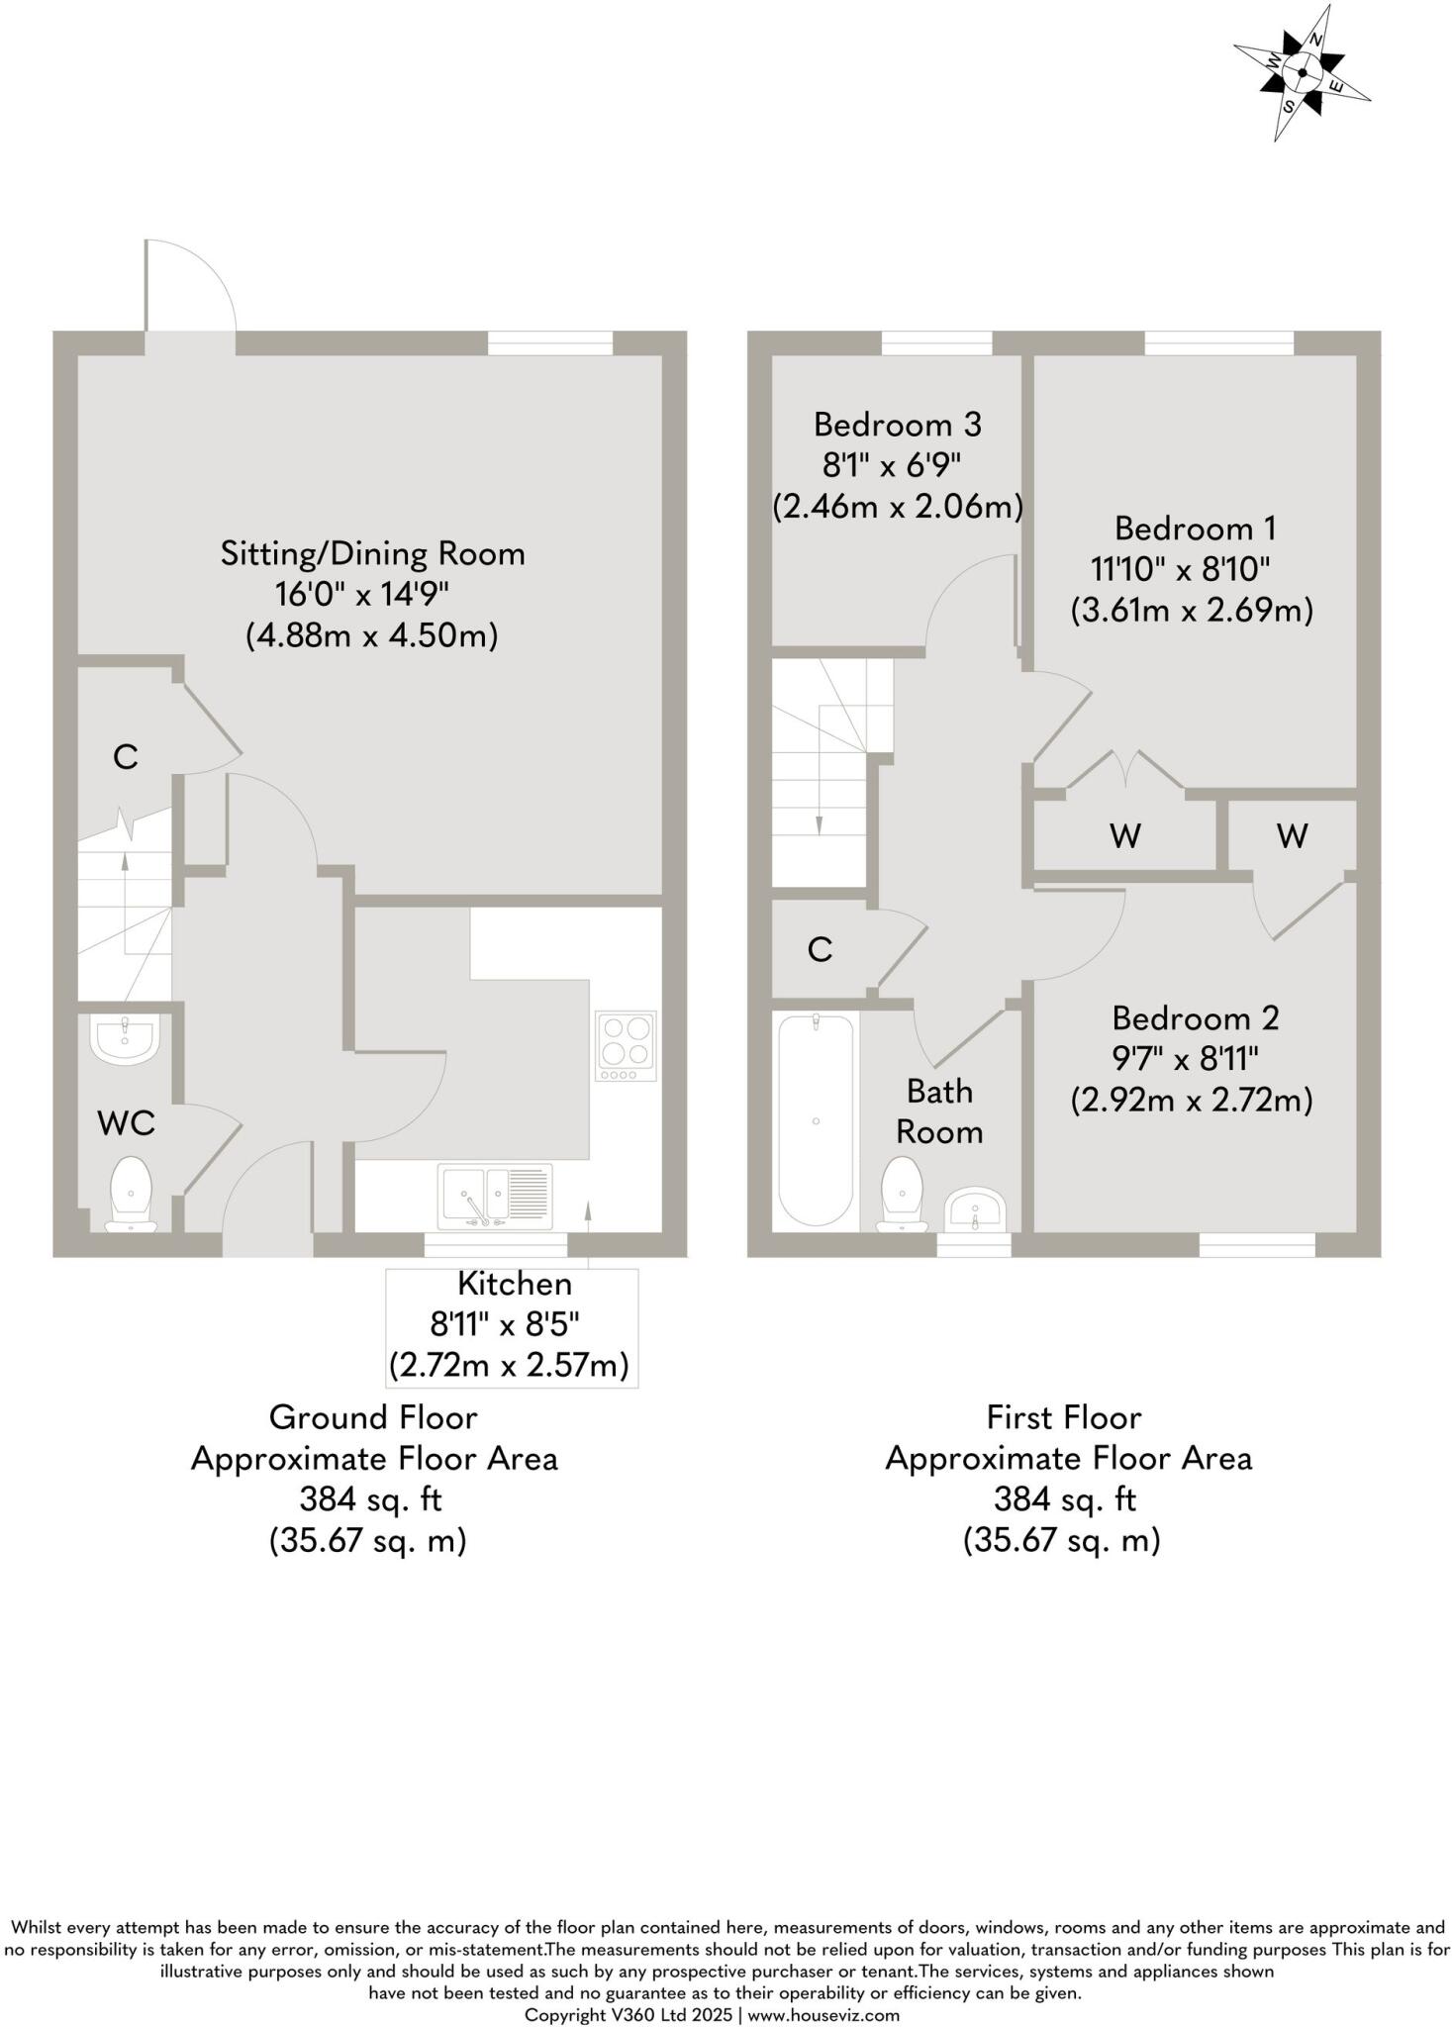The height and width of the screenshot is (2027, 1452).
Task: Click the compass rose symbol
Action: pyautogui.click(x=1302, y=72)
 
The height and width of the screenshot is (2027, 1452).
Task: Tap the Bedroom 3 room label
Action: pyautogui.click(x=897, y=425)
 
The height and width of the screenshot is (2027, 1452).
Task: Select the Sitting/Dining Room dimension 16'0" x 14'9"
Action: pyautogui.click(x=362, y=595)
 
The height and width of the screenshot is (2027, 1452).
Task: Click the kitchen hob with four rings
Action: pyautogui.click(x=626, y=1046)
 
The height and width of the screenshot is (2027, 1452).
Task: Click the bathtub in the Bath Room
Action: pyautogui.click(x=816, y=1120)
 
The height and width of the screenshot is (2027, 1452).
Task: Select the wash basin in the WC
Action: pyautogui.click(x=124, y=1038)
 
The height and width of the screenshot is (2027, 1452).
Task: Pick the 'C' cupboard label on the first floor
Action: pyautogui.click(x=820, y=950)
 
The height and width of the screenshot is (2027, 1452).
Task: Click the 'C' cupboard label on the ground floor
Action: pyautogui.click(x=125, y=757)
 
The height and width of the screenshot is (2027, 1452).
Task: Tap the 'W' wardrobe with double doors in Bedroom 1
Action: pyautogui.click(x=1125, y=836)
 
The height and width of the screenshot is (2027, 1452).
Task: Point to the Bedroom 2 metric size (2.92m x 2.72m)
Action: pyautogui.click(x=1192, y=1100)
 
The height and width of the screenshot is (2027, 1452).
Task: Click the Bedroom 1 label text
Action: pyautogui.click(x=1195, y=529)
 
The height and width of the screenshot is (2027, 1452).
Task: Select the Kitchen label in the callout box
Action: pyautogui.click(x=514, y=1284)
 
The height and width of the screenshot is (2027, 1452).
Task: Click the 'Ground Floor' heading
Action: pyautogui.click(x=373, y=1417)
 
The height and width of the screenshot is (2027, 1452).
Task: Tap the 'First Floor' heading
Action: pyautogui.click(x=1064, y=1417)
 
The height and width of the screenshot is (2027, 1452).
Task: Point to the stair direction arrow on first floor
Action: pyautogui.click(x=819, y=792)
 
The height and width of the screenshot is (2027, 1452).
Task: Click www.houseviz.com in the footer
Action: pyautogui.click(x=823, y=2014)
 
